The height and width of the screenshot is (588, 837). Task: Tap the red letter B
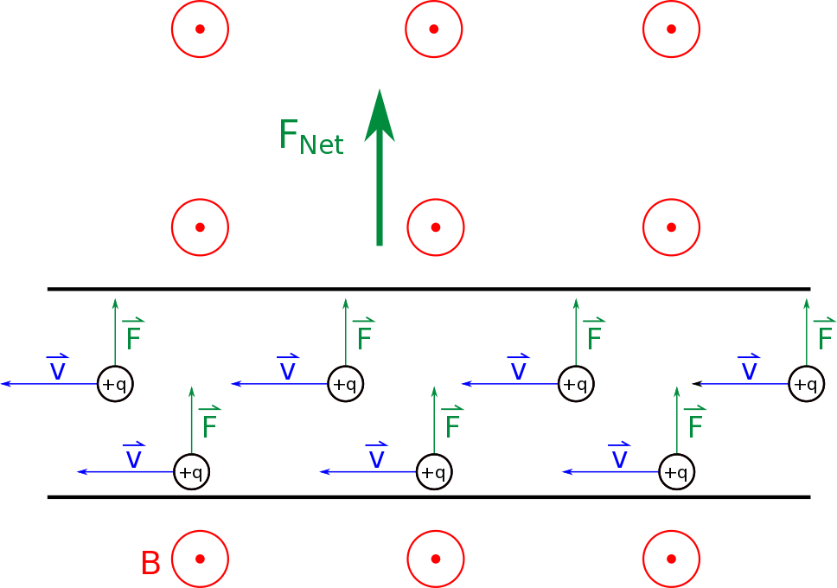(150, 563)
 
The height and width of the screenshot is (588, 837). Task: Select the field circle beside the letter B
(200, 559)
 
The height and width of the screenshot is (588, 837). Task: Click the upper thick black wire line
(428, 289)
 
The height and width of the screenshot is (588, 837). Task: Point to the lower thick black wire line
(428, 497)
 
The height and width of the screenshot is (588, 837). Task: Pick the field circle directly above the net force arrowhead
(434, 29)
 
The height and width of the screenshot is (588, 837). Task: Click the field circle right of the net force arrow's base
(436, 227)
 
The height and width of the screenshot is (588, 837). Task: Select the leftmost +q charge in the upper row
(115, 384)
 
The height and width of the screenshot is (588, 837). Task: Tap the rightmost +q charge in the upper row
(806, 384)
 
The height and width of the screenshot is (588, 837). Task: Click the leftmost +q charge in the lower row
(191, 472)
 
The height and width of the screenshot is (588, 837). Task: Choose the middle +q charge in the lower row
(433, 472)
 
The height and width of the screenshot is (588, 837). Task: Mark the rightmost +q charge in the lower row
(676, 472)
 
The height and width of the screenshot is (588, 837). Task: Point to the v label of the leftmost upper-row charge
(57, 369)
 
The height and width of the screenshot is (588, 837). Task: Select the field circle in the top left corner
(200, 29)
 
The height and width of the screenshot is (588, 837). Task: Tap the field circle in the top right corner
(671, 29)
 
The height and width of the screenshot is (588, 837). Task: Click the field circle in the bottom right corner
(671, 559)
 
